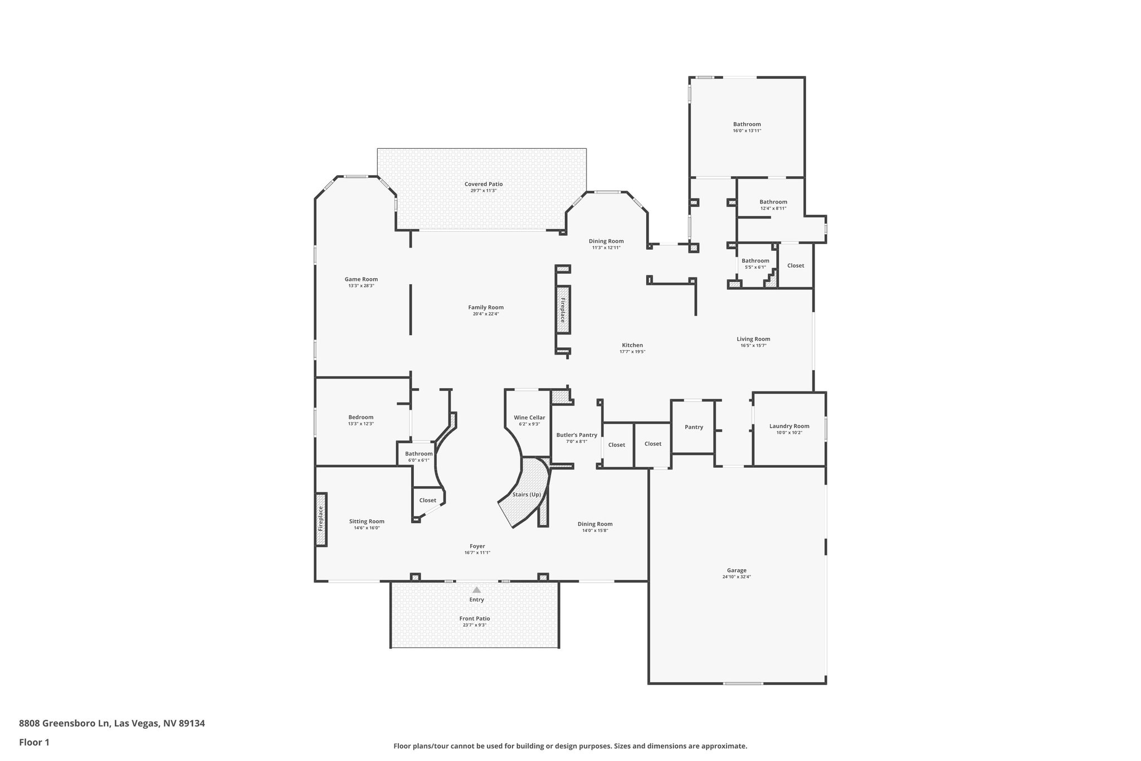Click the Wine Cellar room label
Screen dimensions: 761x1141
point(529,418)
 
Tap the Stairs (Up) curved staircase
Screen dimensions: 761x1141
point(526,495)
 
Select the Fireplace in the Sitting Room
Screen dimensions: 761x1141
point(321,519)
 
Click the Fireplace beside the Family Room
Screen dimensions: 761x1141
point(563,310)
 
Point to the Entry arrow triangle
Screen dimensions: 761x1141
point(476,590)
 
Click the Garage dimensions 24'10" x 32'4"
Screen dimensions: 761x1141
point(737,577)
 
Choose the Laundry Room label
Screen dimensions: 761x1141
point(789,426)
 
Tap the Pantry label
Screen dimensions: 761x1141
point(694,427)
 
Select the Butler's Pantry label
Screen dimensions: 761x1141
point(577,435)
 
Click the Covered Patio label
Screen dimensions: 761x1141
point(484,184)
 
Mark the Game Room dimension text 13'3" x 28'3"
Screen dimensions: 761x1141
point(361,286)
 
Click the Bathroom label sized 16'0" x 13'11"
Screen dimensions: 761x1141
point(747,124)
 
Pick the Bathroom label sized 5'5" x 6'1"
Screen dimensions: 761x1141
point(755,261)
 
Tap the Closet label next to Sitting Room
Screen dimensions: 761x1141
point(428,500)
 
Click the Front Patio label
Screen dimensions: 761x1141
point(475,618)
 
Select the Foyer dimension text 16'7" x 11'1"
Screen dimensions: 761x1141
point(477,553)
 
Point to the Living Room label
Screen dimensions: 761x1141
point(753,339)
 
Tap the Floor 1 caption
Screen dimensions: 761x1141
point(34,742)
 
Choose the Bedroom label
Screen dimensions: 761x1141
point(360,417)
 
